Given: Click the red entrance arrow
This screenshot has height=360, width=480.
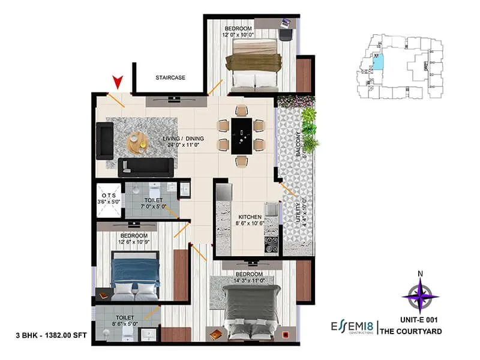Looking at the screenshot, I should coord(118,82).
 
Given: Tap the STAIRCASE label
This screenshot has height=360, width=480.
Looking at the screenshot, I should coord(170,78).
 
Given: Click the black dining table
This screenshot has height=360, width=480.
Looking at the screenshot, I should coord(241,136).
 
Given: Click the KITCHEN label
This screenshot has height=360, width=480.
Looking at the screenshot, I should coord(248,217).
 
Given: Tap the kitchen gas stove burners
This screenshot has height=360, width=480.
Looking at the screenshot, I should coord(271,244).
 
